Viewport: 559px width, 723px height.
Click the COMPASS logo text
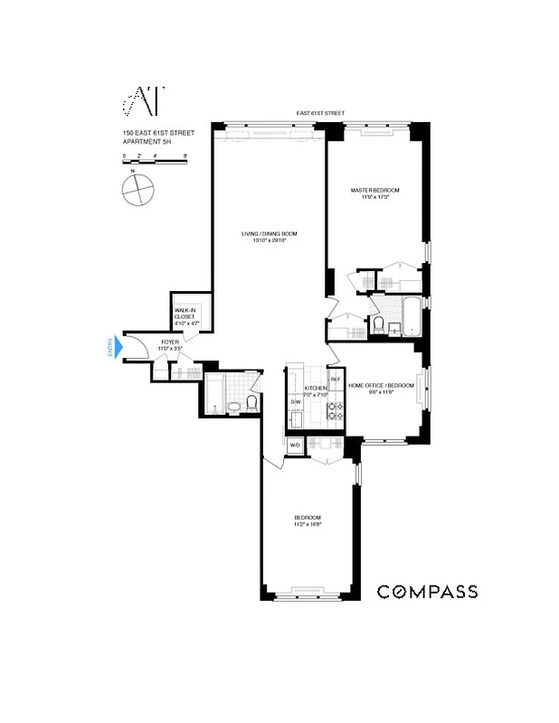(427, 592)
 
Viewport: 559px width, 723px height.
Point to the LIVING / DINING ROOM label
(269, 234)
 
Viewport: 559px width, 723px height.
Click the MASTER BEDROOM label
(375, 190)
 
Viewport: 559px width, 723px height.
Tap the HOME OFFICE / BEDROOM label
(382, 386)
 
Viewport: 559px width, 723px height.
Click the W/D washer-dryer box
(295, 446)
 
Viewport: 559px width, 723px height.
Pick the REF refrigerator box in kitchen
(335, 380)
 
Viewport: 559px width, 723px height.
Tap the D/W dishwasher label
(295, 401)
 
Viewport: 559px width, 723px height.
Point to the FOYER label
(169, 342)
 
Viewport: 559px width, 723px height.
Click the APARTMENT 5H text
(150, 142)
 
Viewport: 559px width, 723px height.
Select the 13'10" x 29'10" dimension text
(269, 241)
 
